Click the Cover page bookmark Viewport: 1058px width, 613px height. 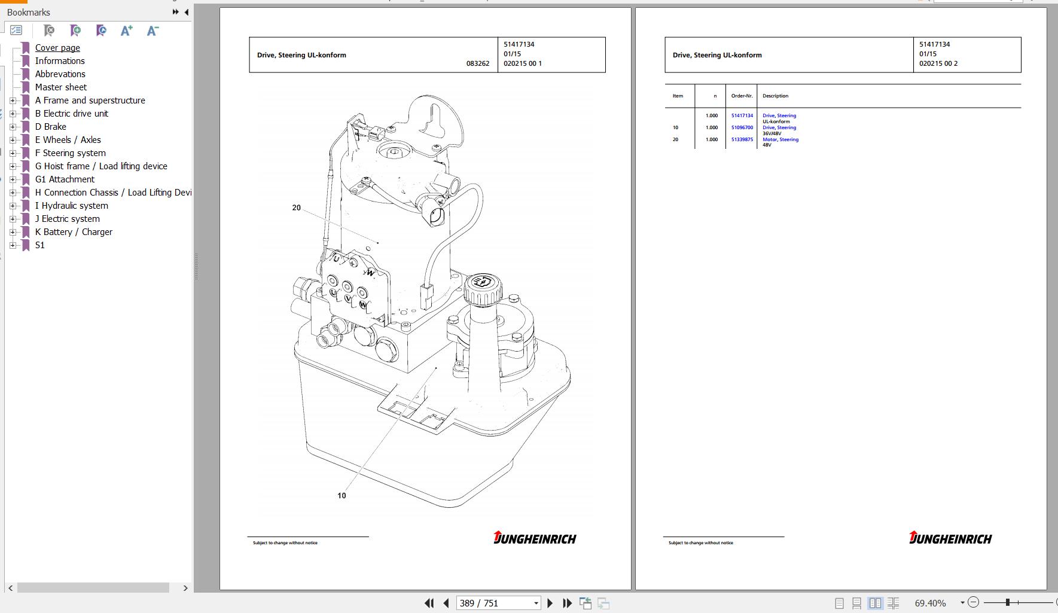[57, 48]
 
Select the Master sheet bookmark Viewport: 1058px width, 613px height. [60, 87]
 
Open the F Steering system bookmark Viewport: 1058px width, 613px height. [70, 153]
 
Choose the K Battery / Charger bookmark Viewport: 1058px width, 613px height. [74, 232]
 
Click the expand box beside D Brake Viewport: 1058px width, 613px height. [13, 127]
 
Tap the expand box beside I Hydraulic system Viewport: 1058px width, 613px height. [13, 206]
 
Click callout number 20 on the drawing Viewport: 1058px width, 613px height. [296, 208]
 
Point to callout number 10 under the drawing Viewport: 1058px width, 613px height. [342, 495]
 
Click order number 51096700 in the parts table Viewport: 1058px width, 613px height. [742, 127]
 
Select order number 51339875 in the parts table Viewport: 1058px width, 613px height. [742, 139]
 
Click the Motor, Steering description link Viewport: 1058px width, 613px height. [780, 139]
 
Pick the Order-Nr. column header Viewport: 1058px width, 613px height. [742, 96]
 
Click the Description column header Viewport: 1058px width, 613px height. [775, 96]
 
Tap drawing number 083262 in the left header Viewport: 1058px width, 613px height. [478, 63]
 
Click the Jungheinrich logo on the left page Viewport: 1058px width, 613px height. [535, 538]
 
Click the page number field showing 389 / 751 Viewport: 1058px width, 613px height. [498, 603]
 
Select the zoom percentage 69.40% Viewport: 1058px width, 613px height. [930, 603]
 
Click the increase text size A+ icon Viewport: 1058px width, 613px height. [126, 31]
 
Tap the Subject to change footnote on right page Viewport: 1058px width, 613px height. [700, 543]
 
